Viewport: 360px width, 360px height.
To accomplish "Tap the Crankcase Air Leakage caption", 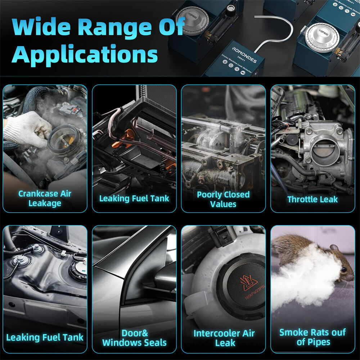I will [x=45, y=198].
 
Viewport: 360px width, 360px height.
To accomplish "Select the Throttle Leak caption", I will [x=312, y=199].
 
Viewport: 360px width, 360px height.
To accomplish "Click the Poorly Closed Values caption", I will [x=223, y=199].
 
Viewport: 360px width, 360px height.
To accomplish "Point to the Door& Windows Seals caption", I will [x=134, y=338].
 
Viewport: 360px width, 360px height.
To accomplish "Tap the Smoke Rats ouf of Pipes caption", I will [x=312, y=337].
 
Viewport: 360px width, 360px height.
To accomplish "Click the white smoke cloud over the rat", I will [x=306, y=277].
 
